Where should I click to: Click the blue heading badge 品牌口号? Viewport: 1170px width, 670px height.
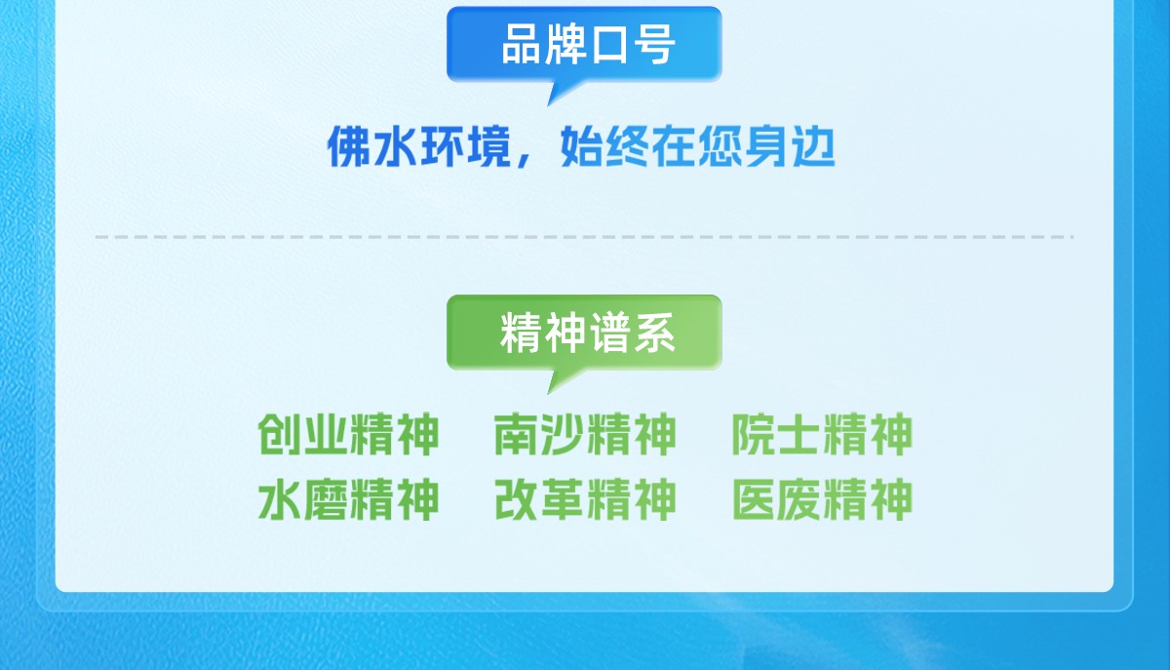[584, 44]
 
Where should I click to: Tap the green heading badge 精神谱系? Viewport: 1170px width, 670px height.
[584, 333]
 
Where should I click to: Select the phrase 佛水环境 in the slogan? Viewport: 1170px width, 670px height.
[418, 147]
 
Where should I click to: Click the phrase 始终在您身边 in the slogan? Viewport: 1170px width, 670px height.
[698, 147]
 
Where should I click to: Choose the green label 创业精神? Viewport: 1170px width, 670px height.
[348, 434]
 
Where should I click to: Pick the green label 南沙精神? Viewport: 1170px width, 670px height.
[585, 434]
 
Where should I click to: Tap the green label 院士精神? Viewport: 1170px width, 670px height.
[822, 434]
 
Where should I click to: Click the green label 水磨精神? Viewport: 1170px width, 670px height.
[348, 499]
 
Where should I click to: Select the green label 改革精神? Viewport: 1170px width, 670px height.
[585, 499]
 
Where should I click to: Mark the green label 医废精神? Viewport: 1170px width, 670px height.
[822, 499]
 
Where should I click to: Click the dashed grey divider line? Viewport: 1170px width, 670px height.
[584, 237]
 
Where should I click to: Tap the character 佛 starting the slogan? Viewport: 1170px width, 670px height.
[349, 147]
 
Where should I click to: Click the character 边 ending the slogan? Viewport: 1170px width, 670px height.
[814, 147]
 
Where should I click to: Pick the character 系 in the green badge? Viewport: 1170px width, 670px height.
[655, 333]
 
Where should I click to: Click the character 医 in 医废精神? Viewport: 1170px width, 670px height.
[753, 499]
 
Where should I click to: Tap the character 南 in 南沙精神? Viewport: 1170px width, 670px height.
[516, 434]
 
